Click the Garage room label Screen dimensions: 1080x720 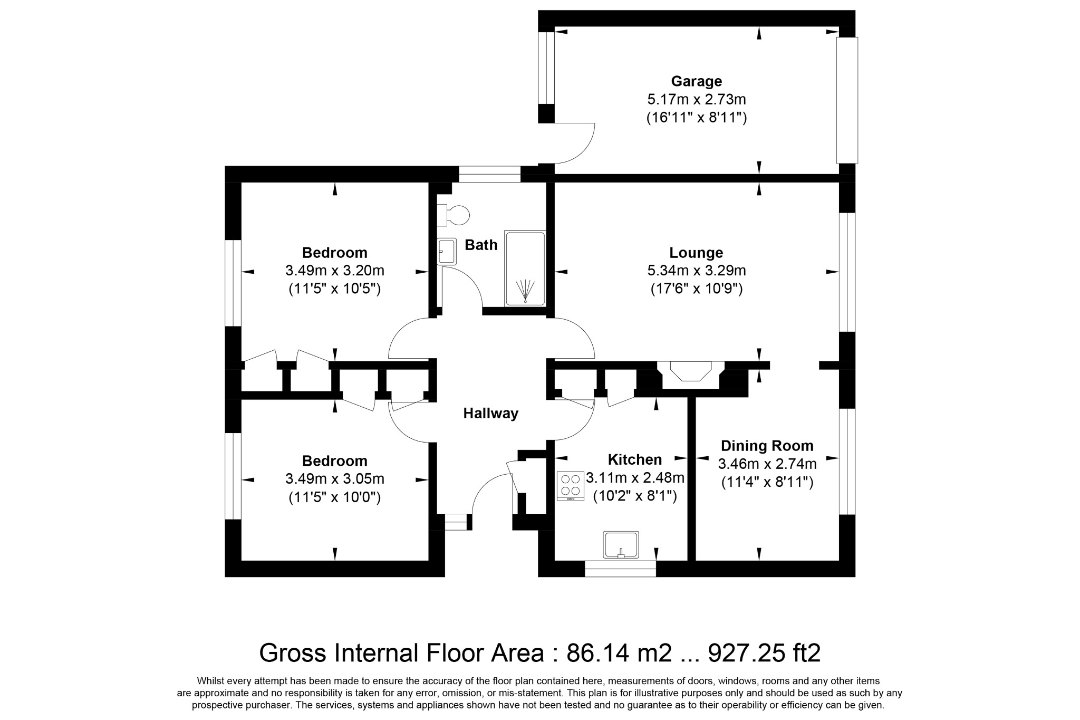[696, 81]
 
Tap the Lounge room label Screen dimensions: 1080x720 [696, 253]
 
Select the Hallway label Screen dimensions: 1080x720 [490, 414]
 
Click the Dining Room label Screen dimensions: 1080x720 [767, 446]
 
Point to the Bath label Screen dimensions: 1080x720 [481, 245]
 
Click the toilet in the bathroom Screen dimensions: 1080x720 [453, 215]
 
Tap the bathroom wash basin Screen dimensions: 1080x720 [447, 251]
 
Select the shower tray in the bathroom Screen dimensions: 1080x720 [525, 268]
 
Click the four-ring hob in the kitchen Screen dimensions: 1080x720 [571, 486]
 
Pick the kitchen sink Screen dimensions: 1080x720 [621, 545]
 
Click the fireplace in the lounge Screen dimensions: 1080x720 [691, 371]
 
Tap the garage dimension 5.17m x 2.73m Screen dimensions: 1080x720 [696, 99]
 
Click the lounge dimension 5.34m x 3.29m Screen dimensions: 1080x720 [696, 271]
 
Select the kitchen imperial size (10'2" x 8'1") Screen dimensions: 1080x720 [635, 496]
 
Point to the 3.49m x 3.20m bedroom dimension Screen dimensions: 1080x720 [334, 271]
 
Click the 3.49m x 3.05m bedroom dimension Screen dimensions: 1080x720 [334, 479]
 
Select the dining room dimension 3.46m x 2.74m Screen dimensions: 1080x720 [767, 464]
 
